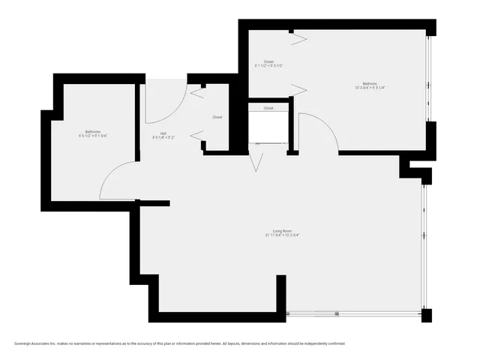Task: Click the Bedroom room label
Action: click(x=370, y=83)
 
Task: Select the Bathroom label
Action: click(x=93, y=131)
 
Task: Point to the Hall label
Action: click(x=163, y=133)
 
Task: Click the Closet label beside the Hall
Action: click(x=217, y=117)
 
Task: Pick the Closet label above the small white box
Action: click(x=268, y=108)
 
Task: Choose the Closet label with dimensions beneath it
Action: click(x=268, y=61)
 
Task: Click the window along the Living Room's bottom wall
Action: click(x=352, y=313)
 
